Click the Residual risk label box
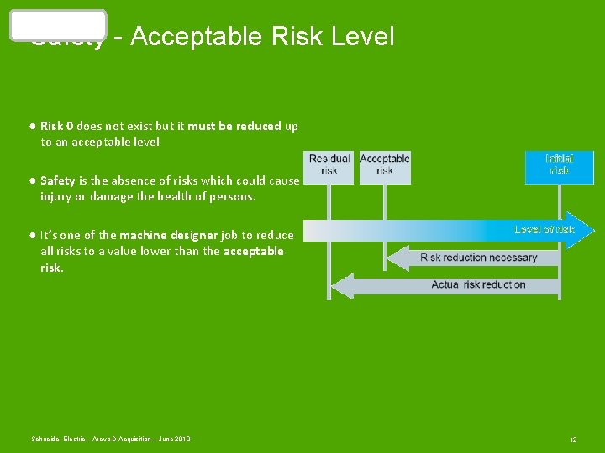[x=329, y=165]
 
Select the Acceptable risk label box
[x=385, y=165]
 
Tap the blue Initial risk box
[x=559, y=166]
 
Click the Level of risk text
[x=544, y=229]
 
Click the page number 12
[x=573, y=440]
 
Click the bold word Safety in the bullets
[x=58, y=180]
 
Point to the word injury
[x=57, y=196]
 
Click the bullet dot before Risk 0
[x=30, y=126]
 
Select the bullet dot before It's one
[x=30, y=235]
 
